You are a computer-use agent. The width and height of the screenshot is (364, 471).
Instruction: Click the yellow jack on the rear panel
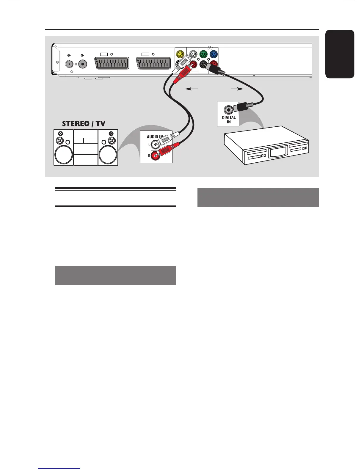pos(180,55)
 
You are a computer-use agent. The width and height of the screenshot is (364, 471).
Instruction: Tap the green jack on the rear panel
pos(203,54)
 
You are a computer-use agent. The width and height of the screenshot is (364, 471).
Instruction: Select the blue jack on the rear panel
pos(214,54)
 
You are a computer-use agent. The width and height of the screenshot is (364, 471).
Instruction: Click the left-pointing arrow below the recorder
pos(192,89)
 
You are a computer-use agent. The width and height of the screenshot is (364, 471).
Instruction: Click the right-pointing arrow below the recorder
pos(237,89)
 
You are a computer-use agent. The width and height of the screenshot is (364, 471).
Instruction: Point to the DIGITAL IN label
pos(228,120)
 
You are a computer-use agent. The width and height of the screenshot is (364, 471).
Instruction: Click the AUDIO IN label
pos(155,137)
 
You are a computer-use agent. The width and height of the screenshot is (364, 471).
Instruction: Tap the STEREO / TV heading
pos(84,124)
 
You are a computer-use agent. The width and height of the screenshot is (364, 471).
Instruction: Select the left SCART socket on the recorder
pos(112,63)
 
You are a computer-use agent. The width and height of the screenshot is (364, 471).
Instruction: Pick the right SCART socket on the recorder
pos(153,63)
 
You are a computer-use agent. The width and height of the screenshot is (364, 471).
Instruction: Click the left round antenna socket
pos(69,64)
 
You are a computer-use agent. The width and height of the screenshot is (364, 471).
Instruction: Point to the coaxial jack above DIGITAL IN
pos(228,110)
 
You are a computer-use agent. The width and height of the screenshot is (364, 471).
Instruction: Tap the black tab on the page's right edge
pos(340,54)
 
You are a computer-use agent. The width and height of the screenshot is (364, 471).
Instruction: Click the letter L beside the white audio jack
pos(149,145)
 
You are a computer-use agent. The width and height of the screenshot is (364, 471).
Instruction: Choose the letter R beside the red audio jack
pos(149,156)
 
